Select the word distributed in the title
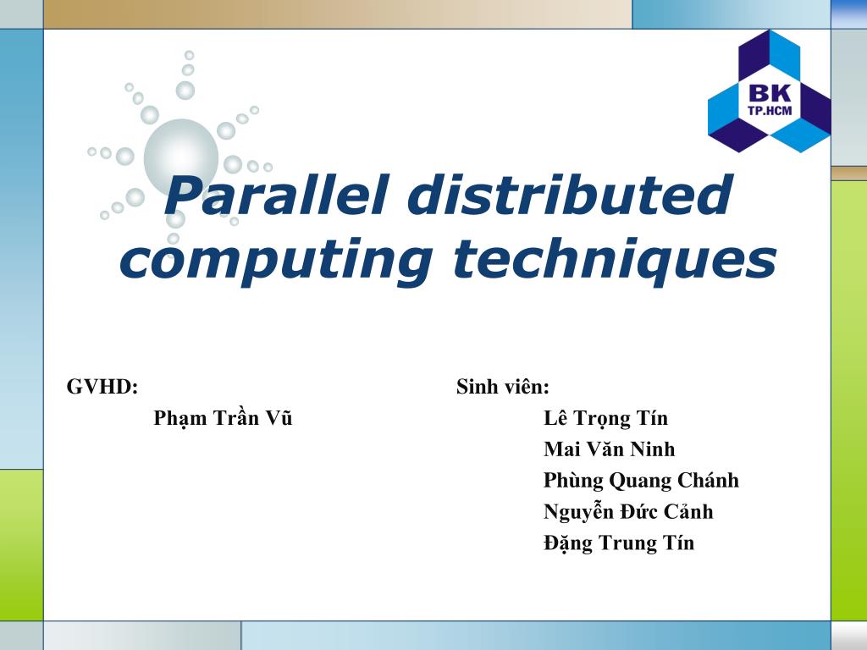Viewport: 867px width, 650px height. (x=568, y=194)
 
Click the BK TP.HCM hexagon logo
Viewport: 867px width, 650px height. (x=769, y=91)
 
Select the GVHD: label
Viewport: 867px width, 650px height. (x=102, y=388)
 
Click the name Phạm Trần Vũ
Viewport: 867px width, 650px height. (x=223, y=418)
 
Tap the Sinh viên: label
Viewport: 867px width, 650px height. (x=503, y=388)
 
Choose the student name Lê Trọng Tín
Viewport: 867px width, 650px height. (x=605, y=418)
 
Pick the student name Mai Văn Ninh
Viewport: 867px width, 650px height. (x=610, y=449)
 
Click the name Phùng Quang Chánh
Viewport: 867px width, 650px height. (x=641, y=481)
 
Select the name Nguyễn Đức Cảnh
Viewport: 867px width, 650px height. (x=628, y=512)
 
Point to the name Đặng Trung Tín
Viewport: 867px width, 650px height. (x=619, y=543)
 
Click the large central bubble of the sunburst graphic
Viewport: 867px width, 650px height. (x=180, y=156)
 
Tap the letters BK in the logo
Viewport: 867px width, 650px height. (x=770, y=94)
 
